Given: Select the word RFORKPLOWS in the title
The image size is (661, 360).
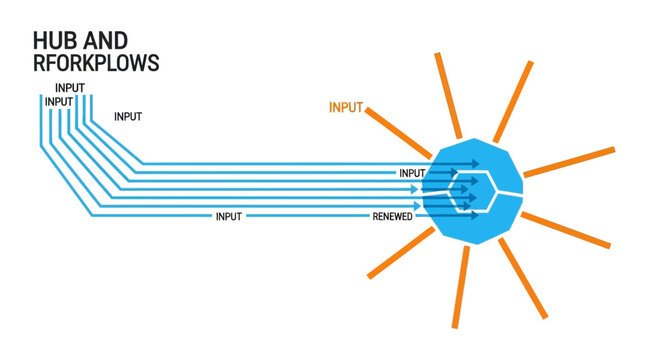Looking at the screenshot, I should pos(96,63).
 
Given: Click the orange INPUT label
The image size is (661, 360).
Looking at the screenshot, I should pos(346,106).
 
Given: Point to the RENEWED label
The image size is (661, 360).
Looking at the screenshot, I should pos(393,216).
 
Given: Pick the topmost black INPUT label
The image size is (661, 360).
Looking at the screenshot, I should pos(70,88).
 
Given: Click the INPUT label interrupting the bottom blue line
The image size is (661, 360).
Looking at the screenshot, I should pos(228,216).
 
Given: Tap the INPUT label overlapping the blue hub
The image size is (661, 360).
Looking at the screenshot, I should pos(412,173).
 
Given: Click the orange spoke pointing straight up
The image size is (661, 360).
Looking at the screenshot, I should pos(449,91).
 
